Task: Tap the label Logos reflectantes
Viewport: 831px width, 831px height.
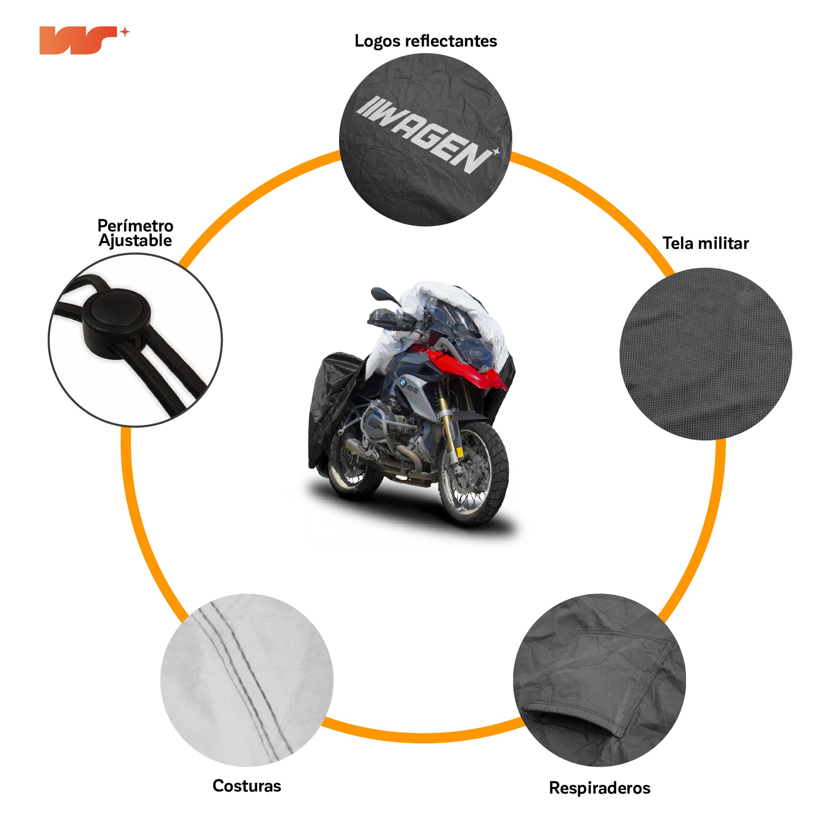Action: [425, 41]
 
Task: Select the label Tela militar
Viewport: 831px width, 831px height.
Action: [705, 243]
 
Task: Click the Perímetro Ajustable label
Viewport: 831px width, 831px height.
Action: [135, 233]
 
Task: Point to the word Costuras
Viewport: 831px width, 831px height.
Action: [246, 786]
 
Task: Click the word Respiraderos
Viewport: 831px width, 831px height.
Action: [600, 788]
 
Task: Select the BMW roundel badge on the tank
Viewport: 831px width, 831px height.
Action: [402, 381]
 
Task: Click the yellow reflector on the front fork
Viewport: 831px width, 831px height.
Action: [459, 452]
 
